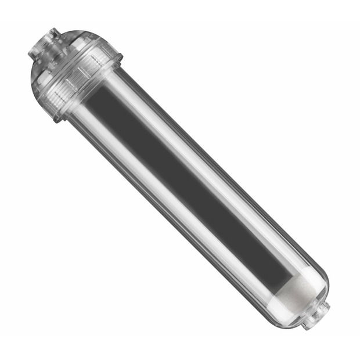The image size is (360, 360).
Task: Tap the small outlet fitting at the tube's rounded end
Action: pyautogui.click(x=315, y=315)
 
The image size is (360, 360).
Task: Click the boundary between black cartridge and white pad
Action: pyautogui.click(x=279, y=279)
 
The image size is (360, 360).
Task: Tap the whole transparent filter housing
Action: pyautogui.click(x=180, y=180)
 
